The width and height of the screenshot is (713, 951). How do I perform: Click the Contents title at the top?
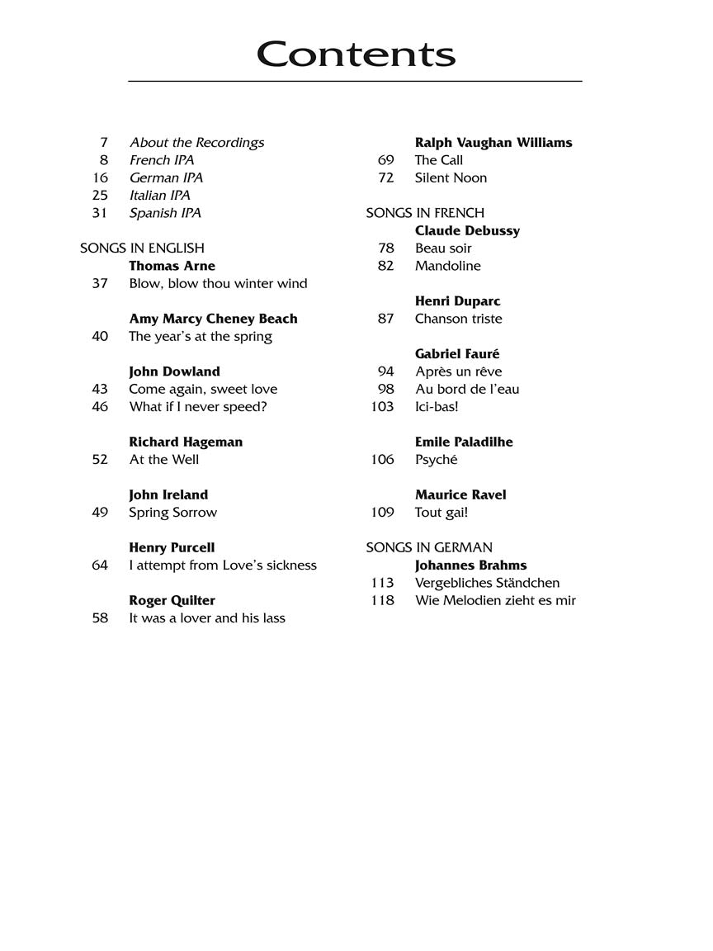[x=356, y=54]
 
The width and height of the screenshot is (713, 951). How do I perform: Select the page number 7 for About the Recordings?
[x=104, y=143]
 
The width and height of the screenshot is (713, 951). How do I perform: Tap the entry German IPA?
[x=166, y=177]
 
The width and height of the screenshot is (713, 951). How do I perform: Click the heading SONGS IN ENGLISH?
[x=142, y=248]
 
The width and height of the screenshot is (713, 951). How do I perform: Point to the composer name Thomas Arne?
[x=172, y=266]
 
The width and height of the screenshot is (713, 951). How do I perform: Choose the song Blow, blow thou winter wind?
[x=218, y=283]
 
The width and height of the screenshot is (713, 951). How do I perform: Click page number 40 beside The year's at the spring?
[x=100, y=336]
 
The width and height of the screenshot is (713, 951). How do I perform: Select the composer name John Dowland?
[x=174, y=371]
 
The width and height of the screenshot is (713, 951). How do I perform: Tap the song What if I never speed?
[x=198, y=406]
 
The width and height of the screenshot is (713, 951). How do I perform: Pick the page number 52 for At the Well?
[x=100, y=459]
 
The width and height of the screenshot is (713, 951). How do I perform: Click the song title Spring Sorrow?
[x=172, y=512]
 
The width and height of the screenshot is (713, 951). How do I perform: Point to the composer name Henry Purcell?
[x=172, y=547]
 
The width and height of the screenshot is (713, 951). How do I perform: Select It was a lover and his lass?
[x=207, y=617]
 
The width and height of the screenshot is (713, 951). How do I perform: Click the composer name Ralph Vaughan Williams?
[x=493, y=143]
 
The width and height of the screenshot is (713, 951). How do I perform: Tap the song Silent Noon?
[x=451, y=177]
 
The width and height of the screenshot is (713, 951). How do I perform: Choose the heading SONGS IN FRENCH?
[x=425, y=213]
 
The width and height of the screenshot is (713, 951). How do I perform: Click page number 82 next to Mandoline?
[x=385, y=266]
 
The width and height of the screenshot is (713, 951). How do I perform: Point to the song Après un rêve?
[x=458, y=371]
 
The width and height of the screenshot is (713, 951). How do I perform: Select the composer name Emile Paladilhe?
[x=464, y=442]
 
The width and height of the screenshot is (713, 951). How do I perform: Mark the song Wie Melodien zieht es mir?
[x=495, y=600]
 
